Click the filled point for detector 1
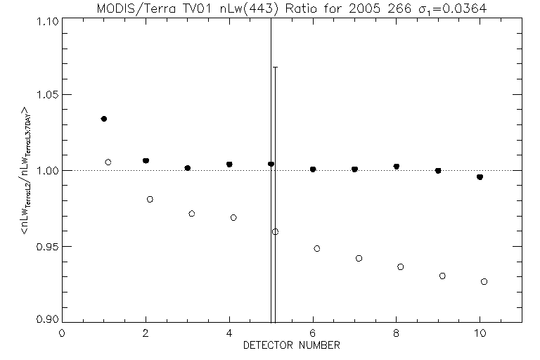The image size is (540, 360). pyautogui.click(x=104, y=119)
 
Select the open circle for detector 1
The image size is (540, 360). pyautogui.click(x=108, y=162)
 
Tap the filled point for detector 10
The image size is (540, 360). pyautogui.click(x=480, y=177)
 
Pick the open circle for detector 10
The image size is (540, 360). pyautogui.click(x=484, y=281)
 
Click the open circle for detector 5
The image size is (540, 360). pyautogui.click(x=276, y=231)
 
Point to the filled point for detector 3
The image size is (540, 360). pyautogui.click(x=188, y=168)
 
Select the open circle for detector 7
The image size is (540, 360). pyautogui.click(x=359, y=259)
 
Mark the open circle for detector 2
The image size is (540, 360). pyautogui.click(x=150, y=199)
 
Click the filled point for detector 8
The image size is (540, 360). pyautogui.click(x=397, y=167)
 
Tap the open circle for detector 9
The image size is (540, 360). pyautogui.click(x=442, y=276)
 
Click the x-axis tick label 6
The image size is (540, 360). pyautogui.click(x=313, y=333)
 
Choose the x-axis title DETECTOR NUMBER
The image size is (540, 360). pyautogui.click(x=292, y=345)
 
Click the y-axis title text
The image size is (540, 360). pyautogui.click(x=27, y=171)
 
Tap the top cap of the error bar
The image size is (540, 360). pyautogui.click(x=275, y=67)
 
